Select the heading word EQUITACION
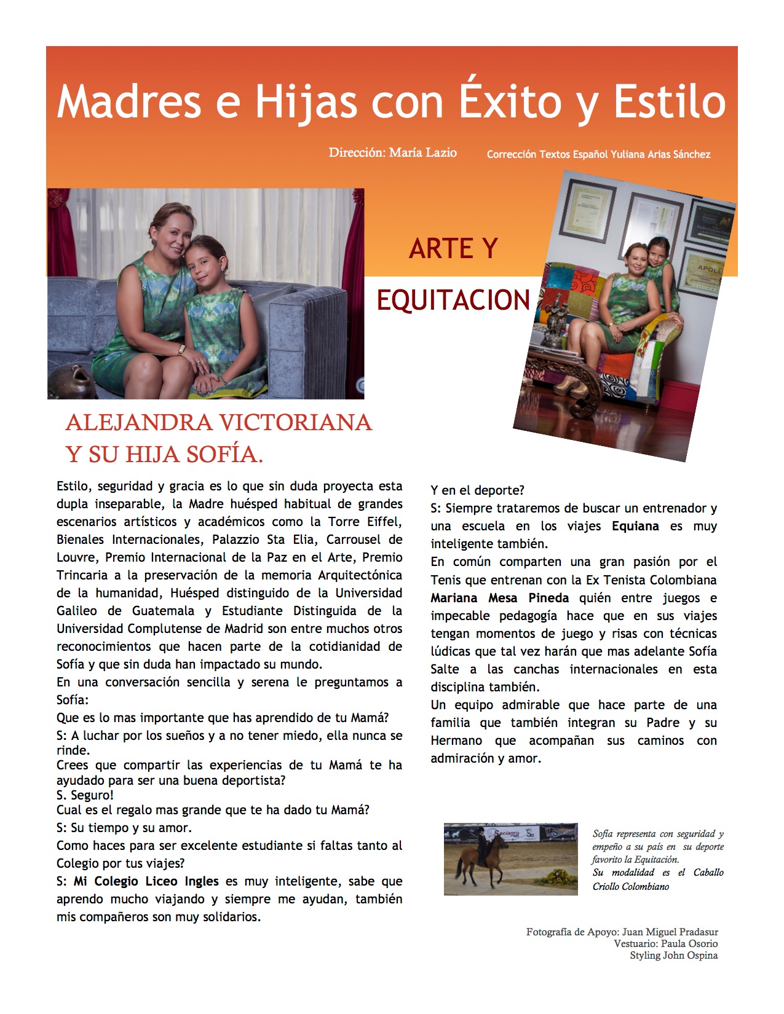[453, 301]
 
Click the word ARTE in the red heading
[435, 249]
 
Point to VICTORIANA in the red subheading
[295, 423]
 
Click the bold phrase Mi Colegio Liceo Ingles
[146, 881]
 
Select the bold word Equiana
[635, 526]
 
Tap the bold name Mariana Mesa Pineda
[499, 598]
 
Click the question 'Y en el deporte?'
[477, 490]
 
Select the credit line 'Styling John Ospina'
[673, 955]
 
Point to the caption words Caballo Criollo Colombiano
[658, 879]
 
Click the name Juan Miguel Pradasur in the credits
[670, 932]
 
